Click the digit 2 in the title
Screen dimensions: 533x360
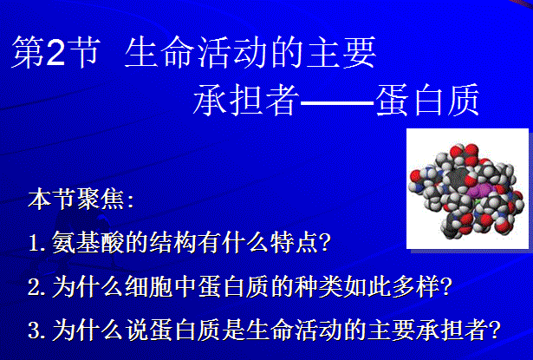[55, 52]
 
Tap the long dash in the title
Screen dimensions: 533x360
[337, 101]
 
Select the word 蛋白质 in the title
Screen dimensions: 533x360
[427, 100]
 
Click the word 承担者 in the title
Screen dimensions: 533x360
[247, 100]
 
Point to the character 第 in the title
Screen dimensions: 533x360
[29, 52]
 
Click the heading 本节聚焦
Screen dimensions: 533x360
[76, 199]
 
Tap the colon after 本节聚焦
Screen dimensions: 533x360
[130, 200]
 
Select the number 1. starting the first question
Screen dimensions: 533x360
[37, 243]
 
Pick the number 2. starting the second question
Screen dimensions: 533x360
[37, 286]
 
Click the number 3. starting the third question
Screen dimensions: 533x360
[37, 330]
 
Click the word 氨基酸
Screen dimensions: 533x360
[88, 242]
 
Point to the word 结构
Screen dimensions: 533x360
[173, 242]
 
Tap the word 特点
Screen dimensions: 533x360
[294, 242]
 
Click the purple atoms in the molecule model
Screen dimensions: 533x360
[478, 191]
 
